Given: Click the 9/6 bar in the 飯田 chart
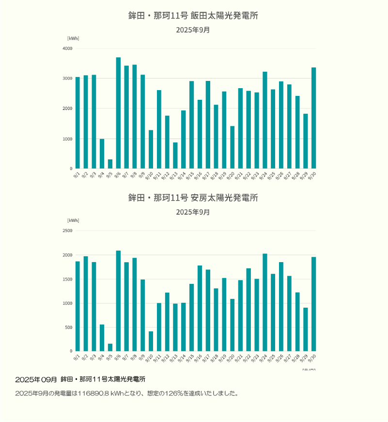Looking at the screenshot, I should (x=118, y=113).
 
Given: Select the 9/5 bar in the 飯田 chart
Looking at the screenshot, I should (x=110, y=164).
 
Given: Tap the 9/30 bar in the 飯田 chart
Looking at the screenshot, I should (x=313, y=118).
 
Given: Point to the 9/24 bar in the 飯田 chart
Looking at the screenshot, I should (x=265, y=120).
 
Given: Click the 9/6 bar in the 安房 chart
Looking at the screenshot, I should (x=118, y=300).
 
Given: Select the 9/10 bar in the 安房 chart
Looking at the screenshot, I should (x=151, y=341).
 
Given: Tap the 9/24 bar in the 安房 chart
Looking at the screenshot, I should (x=265, y=302).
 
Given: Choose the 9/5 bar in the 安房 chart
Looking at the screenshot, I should (x=110, y=347).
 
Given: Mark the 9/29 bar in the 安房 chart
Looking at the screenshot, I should (x=306, y=329).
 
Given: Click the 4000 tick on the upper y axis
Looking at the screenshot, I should (x=67, y=48).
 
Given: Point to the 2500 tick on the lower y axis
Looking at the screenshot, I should (x=67, y=231).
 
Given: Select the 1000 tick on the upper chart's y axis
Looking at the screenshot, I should (x=67, y=139).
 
